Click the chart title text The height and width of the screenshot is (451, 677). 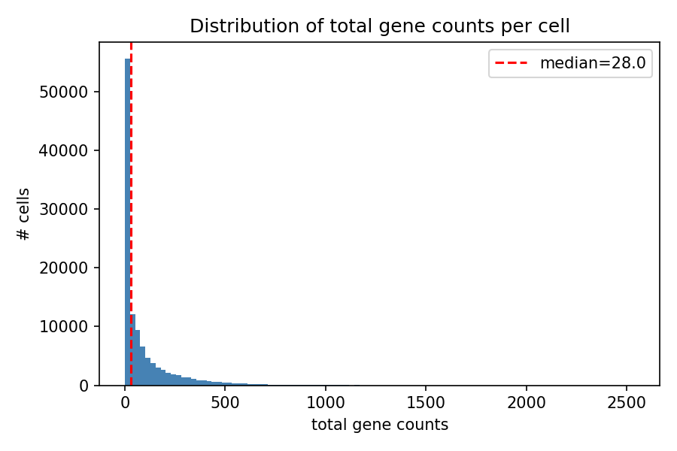(x=379, y=26)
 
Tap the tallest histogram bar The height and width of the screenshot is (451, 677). (x=127, y=225)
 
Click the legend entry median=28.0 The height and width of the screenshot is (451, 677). (x=593, y=63)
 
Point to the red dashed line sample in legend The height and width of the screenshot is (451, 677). (x=513, y=63)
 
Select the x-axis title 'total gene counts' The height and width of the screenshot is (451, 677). (x=379, y=425)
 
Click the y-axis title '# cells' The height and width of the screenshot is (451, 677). (x=24, y=214)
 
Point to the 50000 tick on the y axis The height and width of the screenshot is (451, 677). (x=70, y=92)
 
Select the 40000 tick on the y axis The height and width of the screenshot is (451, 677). (x=70, y=150)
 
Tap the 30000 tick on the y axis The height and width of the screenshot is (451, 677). (x=70, y=209)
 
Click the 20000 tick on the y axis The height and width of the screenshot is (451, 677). (x=70, y=268)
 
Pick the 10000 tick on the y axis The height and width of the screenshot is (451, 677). (x=70, y=326)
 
